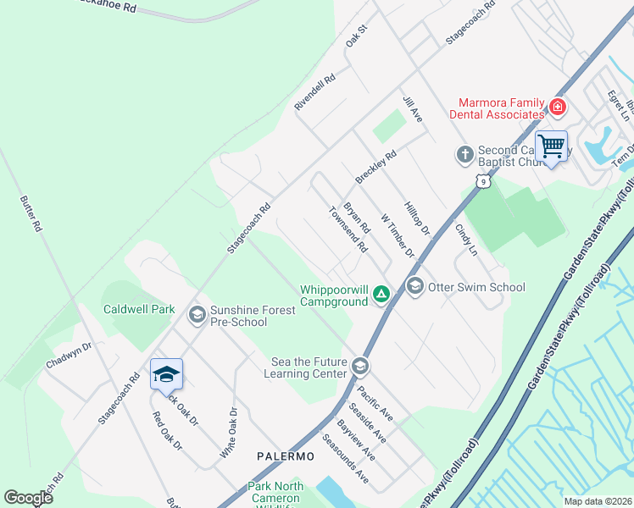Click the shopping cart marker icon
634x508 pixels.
[551, 146]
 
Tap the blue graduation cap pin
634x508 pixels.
[166, 373]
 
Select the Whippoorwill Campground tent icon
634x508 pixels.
[381, 295]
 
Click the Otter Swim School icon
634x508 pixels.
[414, 287]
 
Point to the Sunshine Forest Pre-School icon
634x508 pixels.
[197, 316]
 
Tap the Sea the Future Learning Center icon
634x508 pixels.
[360, 367]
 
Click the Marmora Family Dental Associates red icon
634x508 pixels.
[557, 108]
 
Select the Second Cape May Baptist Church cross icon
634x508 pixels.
[464, 154]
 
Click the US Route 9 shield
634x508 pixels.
[481, 180]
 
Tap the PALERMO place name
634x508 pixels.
[286, 456]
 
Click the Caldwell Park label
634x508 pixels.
[139, 310]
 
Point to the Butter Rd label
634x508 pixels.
[31, 215]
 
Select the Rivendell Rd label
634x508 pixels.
[315, 91]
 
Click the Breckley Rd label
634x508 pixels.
[375, 168]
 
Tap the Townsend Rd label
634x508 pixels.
[348, 231]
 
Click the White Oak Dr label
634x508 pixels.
[229, 433]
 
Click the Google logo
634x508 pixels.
[28, 498]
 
